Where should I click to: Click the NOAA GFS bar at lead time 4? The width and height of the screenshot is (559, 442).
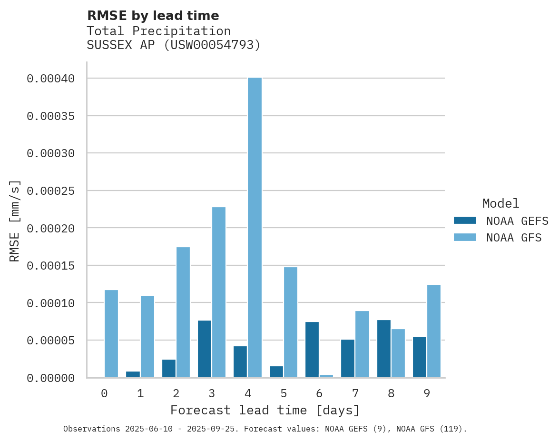pos(255,227)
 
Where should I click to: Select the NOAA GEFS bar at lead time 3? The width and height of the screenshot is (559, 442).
pos(205,349)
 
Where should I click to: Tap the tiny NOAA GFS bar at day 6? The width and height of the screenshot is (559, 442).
pos(326,376)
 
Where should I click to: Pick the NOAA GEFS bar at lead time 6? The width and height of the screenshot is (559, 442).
pos(312,350)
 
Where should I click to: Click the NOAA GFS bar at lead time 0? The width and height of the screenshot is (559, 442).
pos(111,333)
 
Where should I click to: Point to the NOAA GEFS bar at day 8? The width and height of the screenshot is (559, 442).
pos(384,349)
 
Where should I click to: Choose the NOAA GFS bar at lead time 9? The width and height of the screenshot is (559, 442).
pos(434,331)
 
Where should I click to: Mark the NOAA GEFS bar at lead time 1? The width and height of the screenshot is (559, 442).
pos(133,374)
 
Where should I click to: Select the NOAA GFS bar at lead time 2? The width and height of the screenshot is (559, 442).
pos(183,312)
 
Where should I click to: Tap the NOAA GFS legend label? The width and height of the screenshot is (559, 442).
pos(514,238)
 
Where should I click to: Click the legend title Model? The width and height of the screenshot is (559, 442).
pos(500,203)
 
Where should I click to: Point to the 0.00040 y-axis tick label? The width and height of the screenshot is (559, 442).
pos(50,79)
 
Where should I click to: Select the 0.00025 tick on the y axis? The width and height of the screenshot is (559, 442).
pos(50,191)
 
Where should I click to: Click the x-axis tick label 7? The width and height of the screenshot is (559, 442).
pos(355,393)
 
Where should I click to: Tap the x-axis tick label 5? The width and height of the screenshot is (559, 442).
pos(284,393)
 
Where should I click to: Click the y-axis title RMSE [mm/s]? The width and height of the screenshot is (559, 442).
pos(15,221)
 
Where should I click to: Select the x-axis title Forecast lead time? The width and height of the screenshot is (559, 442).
pos(265,410)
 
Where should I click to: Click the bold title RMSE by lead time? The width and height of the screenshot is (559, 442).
pos(153,16)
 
